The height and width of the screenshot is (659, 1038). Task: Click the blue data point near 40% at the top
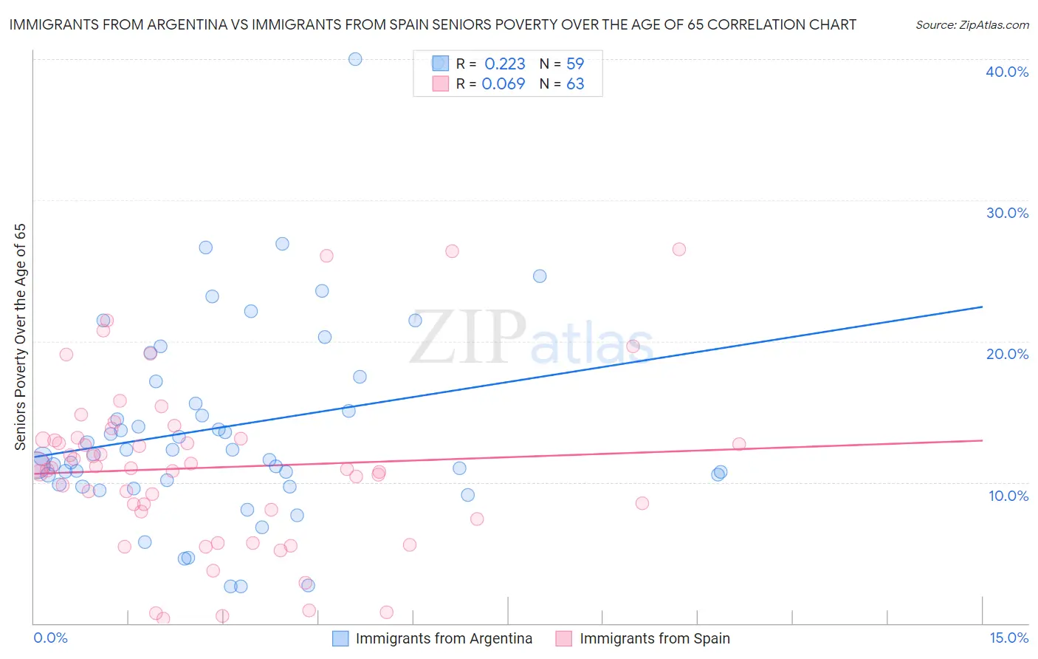pos(355,59)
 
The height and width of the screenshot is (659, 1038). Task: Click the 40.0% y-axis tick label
pos(1007,72)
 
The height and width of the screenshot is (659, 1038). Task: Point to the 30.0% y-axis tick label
pos(1007,213)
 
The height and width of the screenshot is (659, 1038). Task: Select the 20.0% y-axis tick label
pos(1007,354)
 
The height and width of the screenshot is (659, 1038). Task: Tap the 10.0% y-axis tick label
pos(1008,496)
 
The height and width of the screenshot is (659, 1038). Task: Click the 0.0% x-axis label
pos(50,638)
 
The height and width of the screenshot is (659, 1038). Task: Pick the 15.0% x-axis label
pos(1008,638)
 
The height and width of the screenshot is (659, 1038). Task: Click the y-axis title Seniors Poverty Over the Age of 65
pos(20,337)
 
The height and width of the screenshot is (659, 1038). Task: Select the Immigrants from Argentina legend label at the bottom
pos(444,638)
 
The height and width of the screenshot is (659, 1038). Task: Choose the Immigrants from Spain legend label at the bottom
pos(655,638)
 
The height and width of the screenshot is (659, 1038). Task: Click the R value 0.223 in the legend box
pos(505,64)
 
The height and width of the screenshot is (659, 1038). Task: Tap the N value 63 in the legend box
pos(575,84)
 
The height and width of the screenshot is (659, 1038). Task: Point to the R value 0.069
pos(503,84)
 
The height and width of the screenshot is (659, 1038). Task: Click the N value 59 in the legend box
pos(575,64)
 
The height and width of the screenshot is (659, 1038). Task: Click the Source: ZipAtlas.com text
pos(972,25)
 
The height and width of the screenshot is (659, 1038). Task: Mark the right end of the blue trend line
pos(982,307)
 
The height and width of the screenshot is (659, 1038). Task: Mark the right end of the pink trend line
pos(982,440)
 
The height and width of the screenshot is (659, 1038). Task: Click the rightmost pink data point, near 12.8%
pos(739,444)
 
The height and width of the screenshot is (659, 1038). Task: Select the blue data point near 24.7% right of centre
pos(540,276)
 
